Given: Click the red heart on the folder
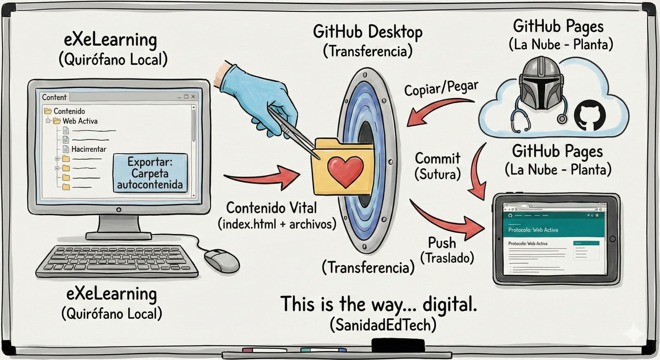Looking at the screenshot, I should [x=345, y=170].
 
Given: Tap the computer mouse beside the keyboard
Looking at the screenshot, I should [x=222, y=260].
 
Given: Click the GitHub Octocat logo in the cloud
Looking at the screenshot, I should [x=590, y=116].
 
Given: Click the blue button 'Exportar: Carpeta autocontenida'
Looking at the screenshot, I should [x=150, y=173].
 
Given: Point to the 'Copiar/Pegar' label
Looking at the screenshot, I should [x=441, y=88].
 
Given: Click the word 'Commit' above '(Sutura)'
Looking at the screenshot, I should [x=437, y=158].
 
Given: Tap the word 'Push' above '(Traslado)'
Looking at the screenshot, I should [x=442, y=242].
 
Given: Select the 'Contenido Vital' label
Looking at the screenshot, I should [x=271, y=207].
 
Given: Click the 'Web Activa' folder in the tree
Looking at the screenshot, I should [x=80, y=121].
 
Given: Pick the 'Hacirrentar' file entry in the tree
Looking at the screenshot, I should [x=88, y=149].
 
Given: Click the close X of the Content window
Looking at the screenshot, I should [x=193, y=96].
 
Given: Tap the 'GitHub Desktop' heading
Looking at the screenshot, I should [x=368, y=32].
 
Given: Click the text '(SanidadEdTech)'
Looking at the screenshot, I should [x=383, y=325].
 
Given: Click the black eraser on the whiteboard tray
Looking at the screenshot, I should [x=398, y=345].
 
